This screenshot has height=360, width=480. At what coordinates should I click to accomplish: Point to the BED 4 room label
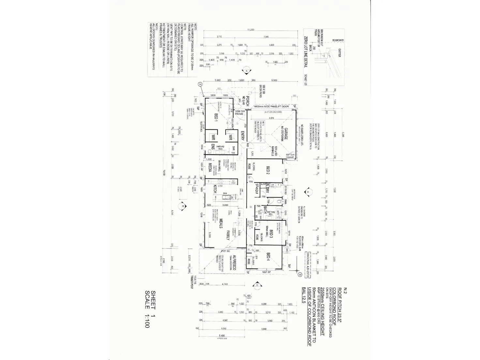coord(268,258)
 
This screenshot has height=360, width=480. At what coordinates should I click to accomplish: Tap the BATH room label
coord(265,210)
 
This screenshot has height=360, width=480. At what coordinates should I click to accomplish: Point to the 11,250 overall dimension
coord(250,30)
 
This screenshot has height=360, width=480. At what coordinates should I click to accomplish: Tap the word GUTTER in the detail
coord(339,53)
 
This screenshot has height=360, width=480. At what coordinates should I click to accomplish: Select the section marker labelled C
coord(257,284)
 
